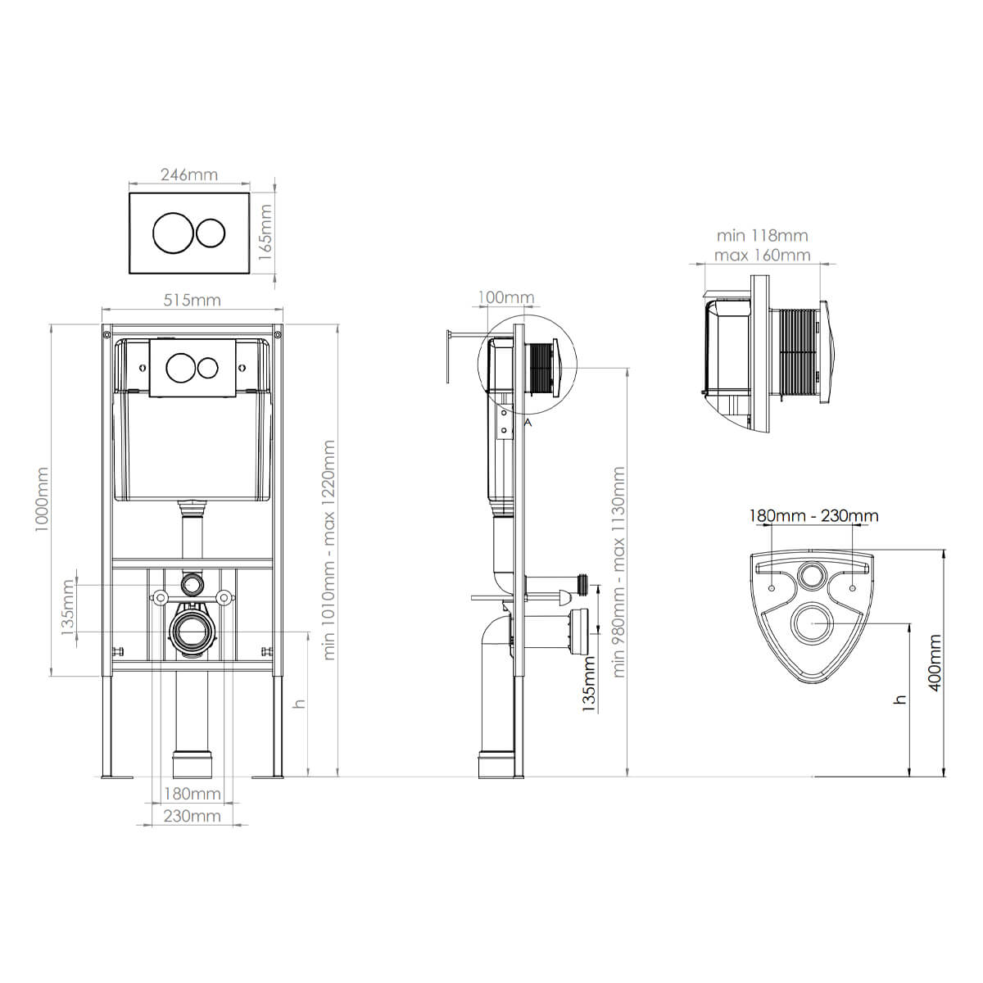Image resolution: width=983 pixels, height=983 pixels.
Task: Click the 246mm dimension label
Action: [x=189, y=175]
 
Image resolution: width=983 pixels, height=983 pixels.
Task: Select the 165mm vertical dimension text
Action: [x=265, y=233]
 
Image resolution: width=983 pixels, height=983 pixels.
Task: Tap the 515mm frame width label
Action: [x=192, y=301]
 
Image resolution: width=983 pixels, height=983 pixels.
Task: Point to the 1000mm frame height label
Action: [x=42, y=500]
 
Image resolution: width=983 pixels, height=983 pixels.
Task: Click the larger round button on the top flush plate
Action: [x=174, y=233]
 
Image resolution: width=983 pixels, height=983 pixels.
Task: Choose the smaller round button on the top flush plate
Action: [x=211, y=233]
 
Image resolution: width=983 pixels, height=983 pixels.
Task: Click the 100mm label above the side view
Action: [x=506, y=297]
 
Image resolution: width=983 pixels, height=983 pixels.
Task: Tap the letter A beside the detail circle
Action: [x=528, y=423]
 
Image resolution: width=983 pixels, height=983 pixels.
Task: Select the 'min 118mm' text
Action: [x=762, y=236]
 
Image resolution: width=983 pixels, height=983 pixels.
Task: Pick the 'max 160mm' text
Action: [x=762, y=255]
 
